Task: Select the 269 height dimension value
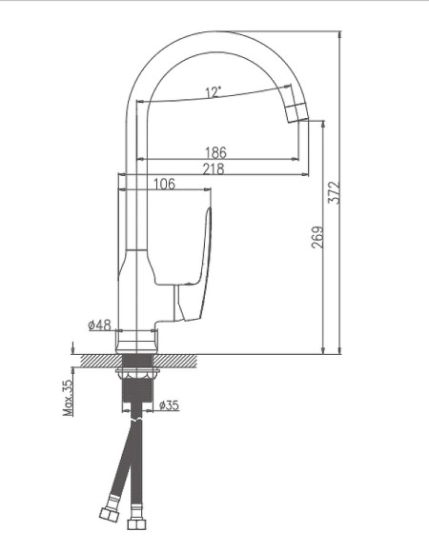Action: [317, 237]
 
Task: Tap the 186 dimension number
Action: [218, 151]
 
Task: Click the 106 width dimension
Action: [164, 185]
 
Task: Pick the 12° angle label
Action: [213, 92]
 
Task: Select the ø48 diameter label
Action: [99, 325]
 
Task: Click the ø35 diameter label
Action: [169, 405]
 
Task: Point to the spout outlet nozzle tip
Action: [299, 115]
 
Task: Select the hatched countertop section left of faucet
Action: [99, 361]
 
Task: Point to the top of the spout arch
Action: [214, 36]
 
